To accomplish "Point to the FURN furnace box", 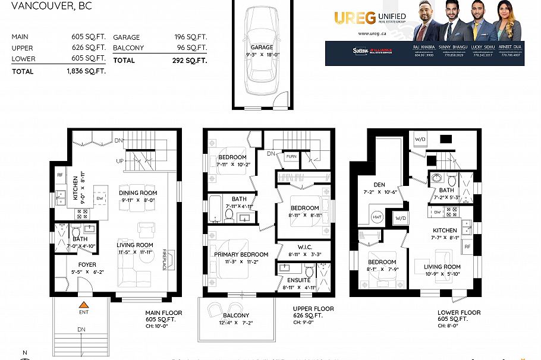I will pyautogui.click(x=291, y=156).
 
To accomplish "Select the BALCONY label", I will pyautogui.click(x=236, y=315).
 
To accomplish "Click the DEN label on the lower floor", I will pyautogui.click(x=379, y=185).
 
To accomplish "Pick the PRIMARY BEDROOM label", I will pyautogui.click(x=241, y=254).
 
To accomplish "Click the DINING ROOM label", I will pyautogui.click(x=138, y=192).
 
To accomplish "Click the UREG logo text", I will pyautogui.click(x=354, y=18).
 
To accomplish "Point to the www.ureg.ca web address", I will pyautogui.click(x=369, y=34).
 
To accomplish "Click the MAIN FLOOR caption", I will pyautogui.click(x=163, y=312).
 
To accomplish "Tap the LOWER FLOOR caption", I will pyautogui.click(x=459, y=312).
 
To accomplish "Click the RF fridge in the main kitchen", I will pyautogui.click(x=61, y=175).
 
